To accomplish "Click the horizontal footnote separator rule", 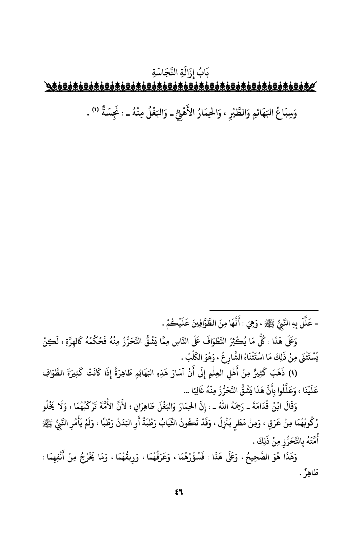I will pyautogui.click(x=264, y=310).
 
